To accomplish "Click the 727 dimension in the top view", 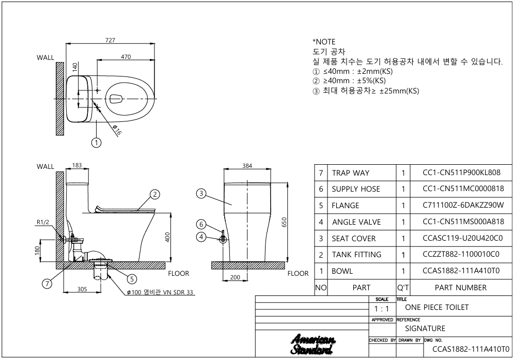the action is tap(111, 40).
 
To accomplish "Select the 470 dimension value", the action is tap(126, 57).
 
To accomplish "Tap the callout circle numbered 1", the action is tap(96, 143).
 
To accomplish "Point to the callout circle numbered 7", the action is tap(48, 284).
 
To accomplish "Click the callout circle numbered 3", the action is tap(201, 194).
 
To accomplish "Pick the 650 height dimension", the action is tap(285, 222).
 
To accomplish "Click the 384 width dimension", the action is tap(247, 166).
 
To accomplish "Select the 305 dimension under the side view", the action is tap(82, 289).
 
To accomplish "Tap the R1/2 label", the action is tap(43, 223).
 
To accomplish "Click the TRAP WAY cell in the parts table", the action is tap(350, 173).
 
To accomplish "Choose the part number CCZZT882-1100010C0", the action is tap(461, 254).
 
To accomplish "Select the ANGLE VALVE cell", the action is tap(356, 222).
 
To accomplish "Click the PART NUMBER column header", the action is tap(460, 287).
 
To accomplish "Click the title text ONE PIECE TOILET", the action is tap(436, 307).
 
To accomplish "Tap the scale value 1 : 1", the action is tap(382, 309).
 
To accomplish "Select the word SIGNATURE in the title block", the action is tap(425, 328).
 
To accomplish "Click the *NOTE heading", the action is tap(324, 42).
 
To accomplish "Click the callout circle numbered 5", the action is tap(132, 279).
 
